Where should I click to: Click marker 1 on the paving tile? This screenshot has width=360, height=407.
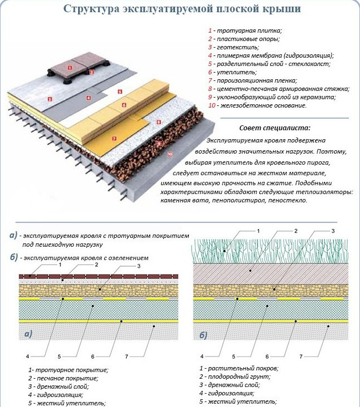pos(69,67)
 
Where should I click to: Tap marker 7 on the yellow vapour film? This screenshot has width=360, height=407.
pos(113,138)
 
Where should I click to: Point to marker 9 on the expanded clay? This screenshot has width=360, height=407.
pos(159,143)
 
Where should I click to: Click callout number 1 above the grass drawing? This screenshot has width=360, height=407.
pos(258,231)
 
